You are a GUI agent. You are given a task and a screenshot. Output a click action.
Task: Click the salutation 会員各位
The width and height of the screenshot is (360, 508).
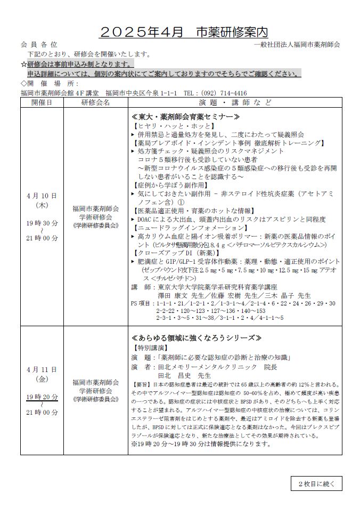point(39,45)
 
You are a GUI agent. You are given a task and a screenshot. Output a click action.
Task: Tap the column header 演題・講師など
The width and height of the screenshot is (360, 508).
point(235,102)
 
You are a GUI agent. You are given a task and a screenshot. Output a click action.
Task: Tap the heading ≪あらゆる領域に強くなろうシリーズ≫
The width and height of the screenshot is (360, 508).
point(196,338)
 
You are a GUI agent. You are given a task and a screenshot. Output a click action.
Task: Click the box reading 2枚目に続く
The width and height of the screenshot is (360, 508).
point(316,483)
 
